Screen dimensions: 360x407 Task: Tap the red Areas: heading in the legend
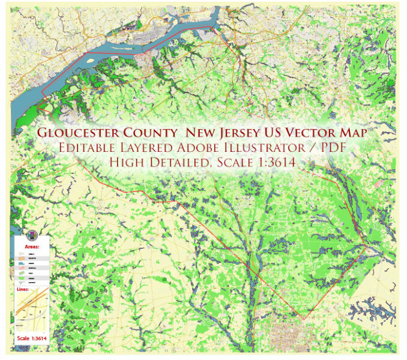click(x=31, y=246)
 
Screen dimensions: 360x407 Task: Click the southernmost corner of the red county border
click(x=304, y=319)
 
